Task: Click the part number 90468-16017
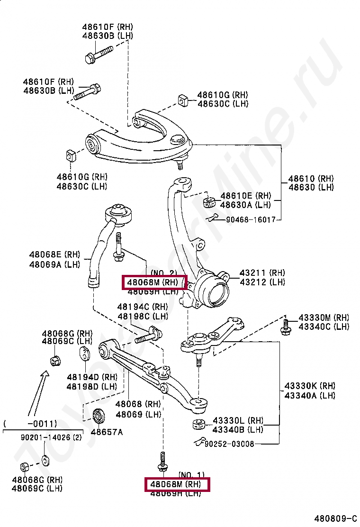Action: pos(251,220)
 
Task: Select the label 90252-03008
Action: pos(229,444)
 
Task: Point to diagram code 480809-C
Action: pos(335,518)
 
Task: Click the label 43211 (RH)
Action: pos(262,273)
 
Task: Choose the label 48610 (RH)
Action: pos(311,179)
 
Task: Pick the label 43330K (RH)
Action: pos(310,386)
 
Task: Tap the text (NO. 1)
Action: pos(191,475)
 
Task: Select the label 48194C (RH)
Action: pos(143,307)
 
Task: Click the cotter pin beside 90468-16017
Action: pos(212,218)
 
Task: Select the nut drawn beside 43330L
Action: pos(198,424)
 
